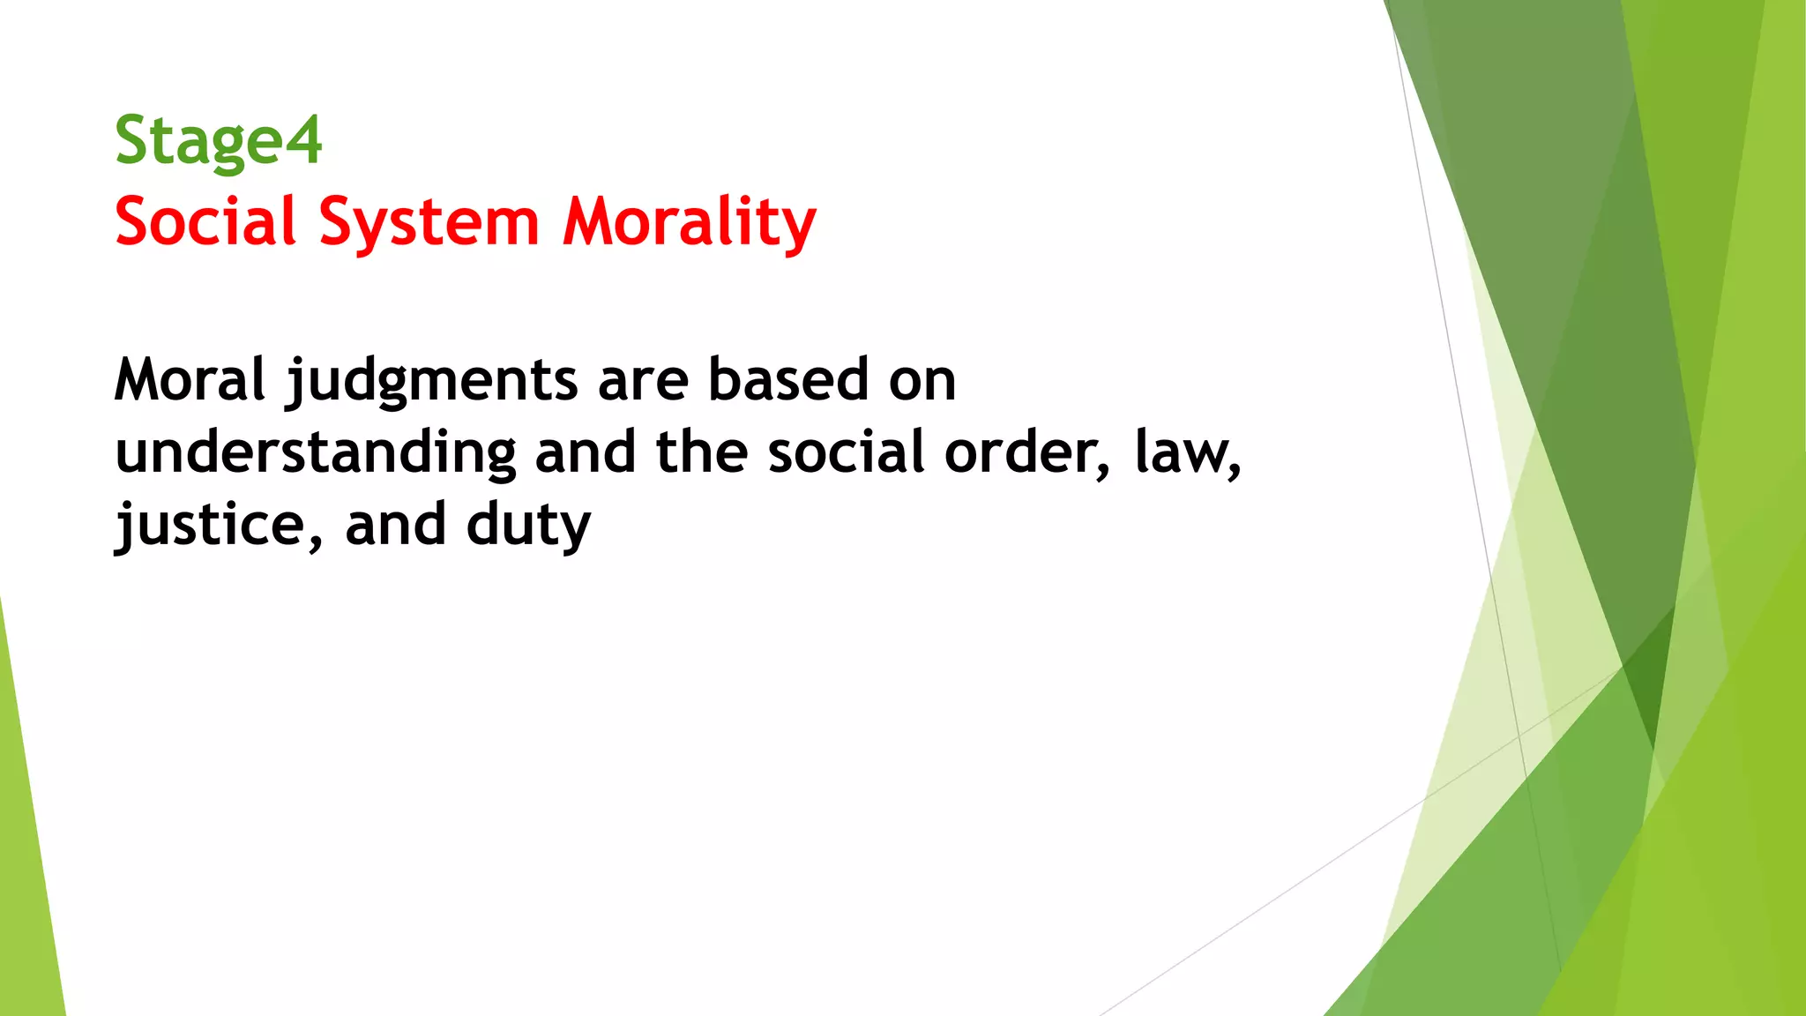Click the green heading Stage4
pos(218,142)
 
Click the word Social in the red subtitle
pos(205,221)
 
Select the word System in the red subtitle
pos(429,223)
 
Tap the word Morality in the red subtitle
pos(690,223)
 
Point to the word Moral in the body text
pos(190,380)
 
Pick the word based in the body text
pos(788,380)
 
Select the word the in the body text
pos(702,452)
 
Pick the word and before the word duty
pos(396,526)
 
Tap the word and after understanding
pos(586,452)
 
